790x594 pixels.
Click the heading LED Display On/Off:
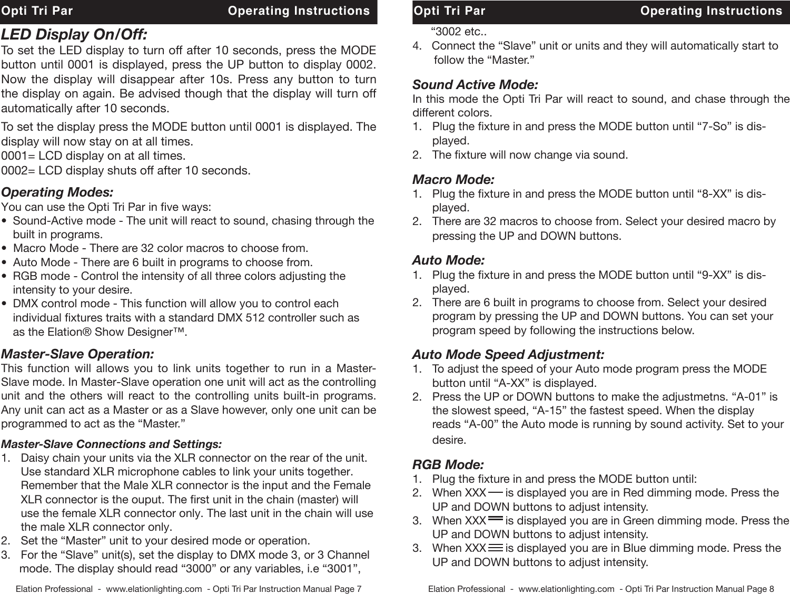coord(75,35)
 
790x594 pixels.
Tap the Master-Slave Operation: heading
coord(78,353)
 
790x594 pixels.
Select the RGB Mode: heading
coord(448,465)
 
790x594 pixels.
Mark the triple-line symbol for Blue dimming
coord(495,548)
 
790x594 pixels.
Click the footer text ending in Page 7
coord(189,588)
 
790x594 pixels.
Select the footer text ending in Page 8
coord(601,588)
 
